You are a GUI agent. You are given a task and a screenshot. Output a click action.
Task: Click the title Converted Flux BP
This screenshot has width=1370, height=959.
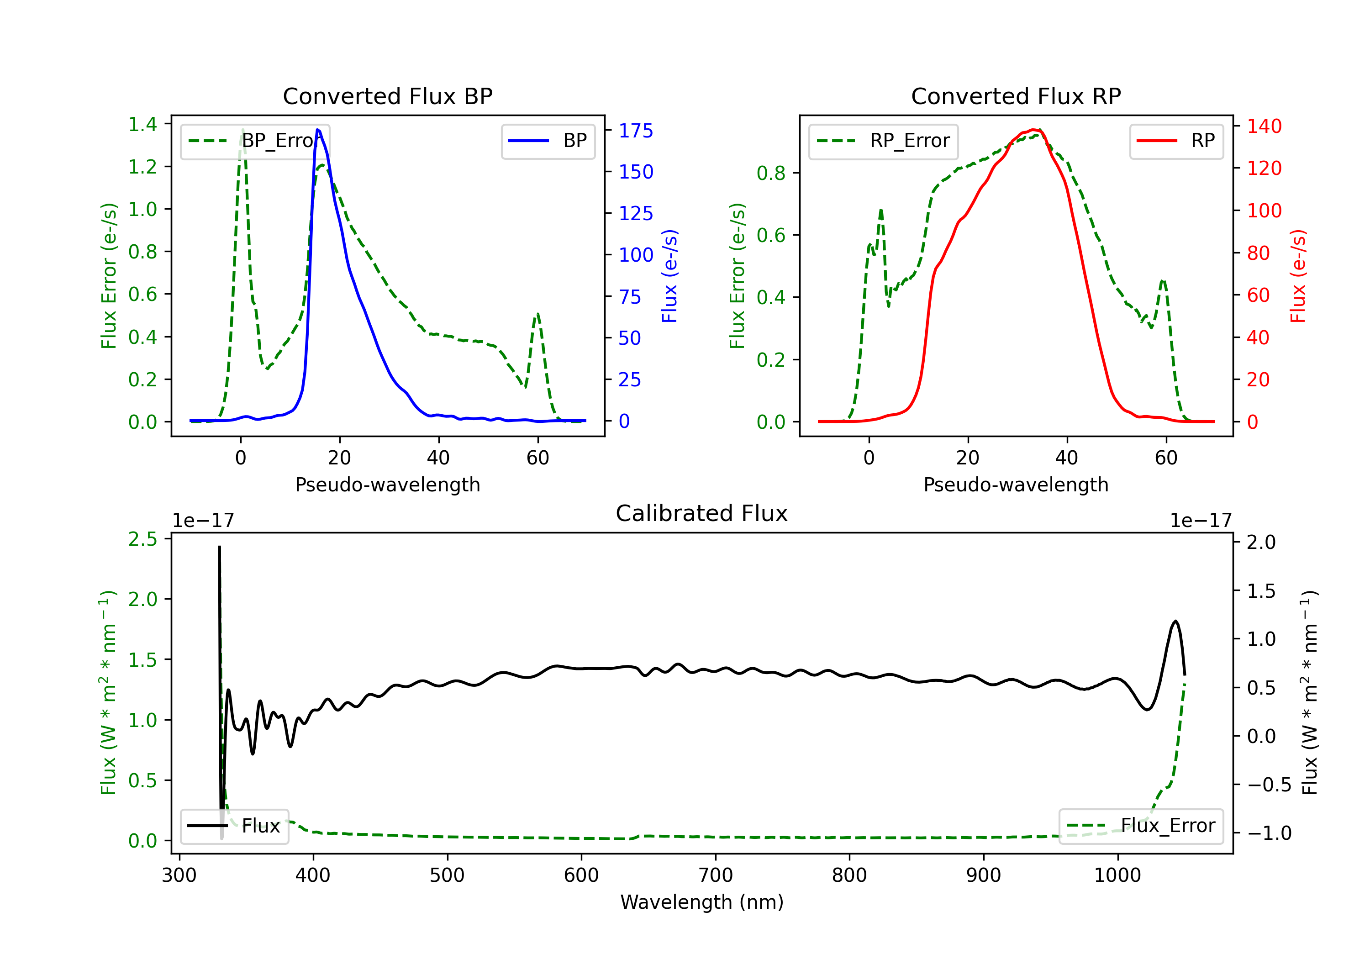click(x=387, y=96)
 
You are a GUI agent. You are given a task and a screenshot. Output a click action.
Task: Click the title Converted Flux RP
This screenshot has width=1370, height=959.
click(x=1016, y=96)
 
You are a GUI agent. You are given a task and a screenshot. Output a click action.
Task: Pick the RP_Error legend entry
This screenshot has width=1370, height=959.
click(x=883, y=141)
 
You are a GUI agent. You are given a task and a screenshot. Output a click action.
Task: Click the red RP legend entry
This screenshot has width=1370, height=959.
click(x=1176, y=141)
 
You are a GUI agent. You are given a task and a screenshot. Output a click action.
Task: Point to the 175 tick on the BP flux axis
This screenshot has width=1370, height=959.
click(x=636, y=131)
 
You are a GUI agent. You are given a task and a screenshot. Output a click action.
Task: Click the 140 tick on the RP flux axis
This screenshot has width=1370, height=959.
click(x=1264, y=126)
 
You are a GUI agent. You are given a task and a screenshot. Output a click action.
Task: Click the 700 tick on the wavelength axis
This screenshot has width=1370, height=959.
click(x=716, y=875)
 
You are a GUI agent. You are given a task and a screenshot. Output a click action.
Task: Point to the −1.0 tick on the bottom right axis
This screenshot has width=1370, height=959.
click(x=1269, y=833)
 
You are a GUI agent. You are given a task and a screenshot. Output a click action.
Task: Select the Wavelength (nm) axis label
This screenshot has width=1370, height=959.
click(x=702, y=902)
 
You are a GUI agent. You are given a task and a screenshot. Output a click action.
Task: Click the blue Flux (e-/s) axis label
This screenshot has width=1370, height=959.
click(x=669, y=276)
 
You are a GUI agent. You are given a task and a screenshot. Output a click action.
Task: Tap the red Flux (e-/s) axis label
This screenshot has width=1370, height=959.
click(x=1298, y=276)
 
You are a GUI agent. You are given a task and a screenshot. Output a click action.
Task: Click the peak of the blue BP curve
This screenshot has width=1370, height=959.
click(x=317, y=130)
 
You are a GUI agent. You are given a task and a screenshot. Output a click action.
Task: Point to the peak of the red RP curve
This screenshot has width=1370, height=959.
click(x=1033, y=130)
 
